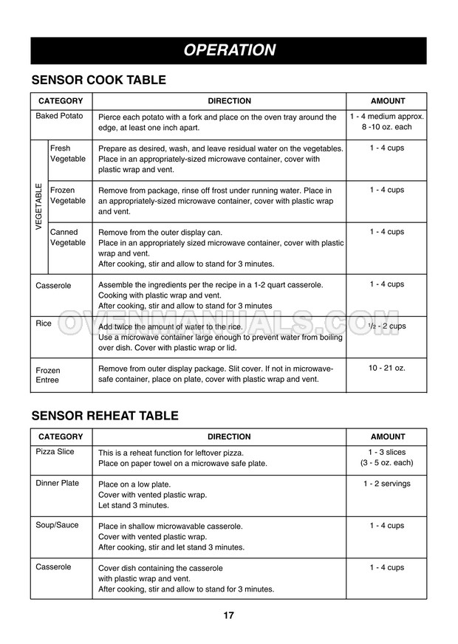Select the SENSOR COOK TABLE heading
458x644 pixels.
(98, 80)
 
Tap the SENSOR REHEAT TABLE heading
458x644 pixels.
(104, 416)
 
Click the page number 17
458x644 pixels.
(228, 615)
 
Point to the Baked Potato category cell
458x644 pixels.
(59, 117)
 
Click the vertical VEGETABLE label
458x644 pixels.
(39, 206)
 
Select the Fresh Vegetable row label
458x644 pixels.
(68, 154)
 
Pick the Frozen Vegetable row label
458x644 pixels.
(68, 196)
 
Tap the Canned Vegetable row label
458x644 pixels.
(68, 237)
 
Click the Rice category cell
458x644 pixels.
(44, 323)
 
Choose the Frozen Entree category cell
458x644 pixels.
(48, 375)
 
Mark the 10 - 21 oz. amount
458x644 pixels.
(387, 368)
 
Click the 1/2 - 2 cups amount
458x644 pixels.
(387, 326)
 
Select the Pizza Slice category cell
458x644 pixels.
(55, 452)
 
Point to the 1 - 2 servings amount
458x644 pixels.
(387, 484)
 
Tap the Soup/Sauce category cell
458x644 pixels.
(58, 526)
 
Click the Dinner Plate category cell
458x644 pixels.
(58, 484)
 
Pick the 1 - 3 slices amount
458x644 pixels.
(387, 452)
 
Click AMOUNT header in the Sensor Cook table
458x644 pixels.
(387, 101)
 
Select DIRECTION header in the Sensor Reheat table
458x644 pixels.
(229, 437)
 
